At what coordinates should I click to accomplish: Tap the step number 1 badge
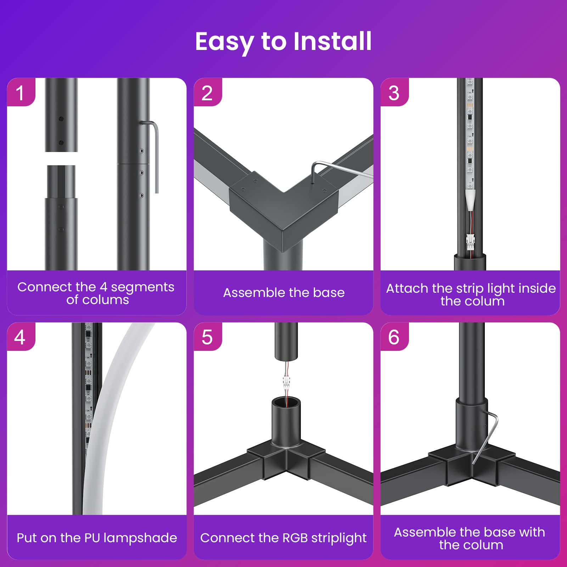pyautogui.click(x=21, y=92)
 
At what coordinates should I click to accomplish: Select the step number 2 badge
pyautogui.click(x=208, y=92)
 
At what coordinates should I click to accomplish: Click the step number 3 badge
pyautogui.click(x=394, y=92)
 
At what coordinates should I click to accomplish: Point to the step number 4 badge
pyautogui.click(x=21, y=337)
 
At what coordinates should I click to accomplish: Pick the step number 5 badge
pyautogui.click(x=208, y=337)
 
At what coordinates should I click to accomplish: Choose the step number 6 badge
pyautogui.click(x=394, y=337)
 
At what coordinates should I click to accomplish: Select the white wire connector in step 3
pyautogui.click(x=470, y=242)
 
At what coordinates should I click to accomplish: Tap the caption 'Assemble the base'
pyautogui.click(x=283, y=293)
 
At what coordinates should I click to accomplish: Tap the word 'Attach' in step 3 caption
pyautogui.click(x=402, y=288)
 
